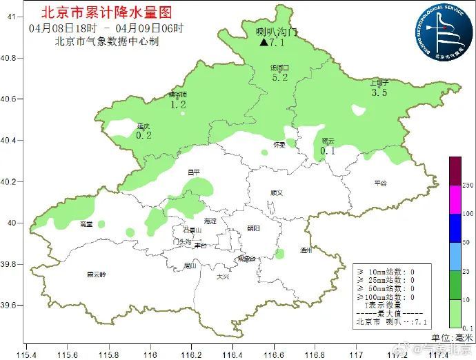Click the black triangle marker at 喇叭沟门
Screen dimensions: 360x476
click(x=264, y=43)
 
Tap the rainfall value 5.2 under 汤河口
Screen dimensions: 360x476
click(x=280, y=78)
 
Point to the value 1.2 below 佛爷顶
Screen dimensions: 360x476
click(x=178, y=105)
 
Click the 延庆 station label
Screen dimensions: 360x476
click(x=143, y=126)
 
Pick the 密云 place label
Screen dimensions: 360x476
click(x=328, y=141)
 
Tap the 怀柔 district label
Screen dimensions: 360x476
click(x=279, y=145)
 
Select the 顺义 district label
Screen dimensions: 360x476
click(x=277, y=193)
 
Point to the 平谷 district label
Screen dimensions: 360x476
click(x=381, y=183)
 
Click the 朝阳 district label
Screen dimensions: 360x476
click(x=253, y=228)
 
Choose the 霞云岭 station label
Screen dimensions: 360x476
click(x=97, y=274)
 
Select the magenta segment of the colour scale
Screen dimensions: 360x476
click(x=455, y=199)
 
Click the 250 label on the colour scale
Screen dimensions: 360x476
click(x=467, y=186)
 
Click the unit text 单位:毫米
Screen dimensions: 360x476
click(x=453, y=337)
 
